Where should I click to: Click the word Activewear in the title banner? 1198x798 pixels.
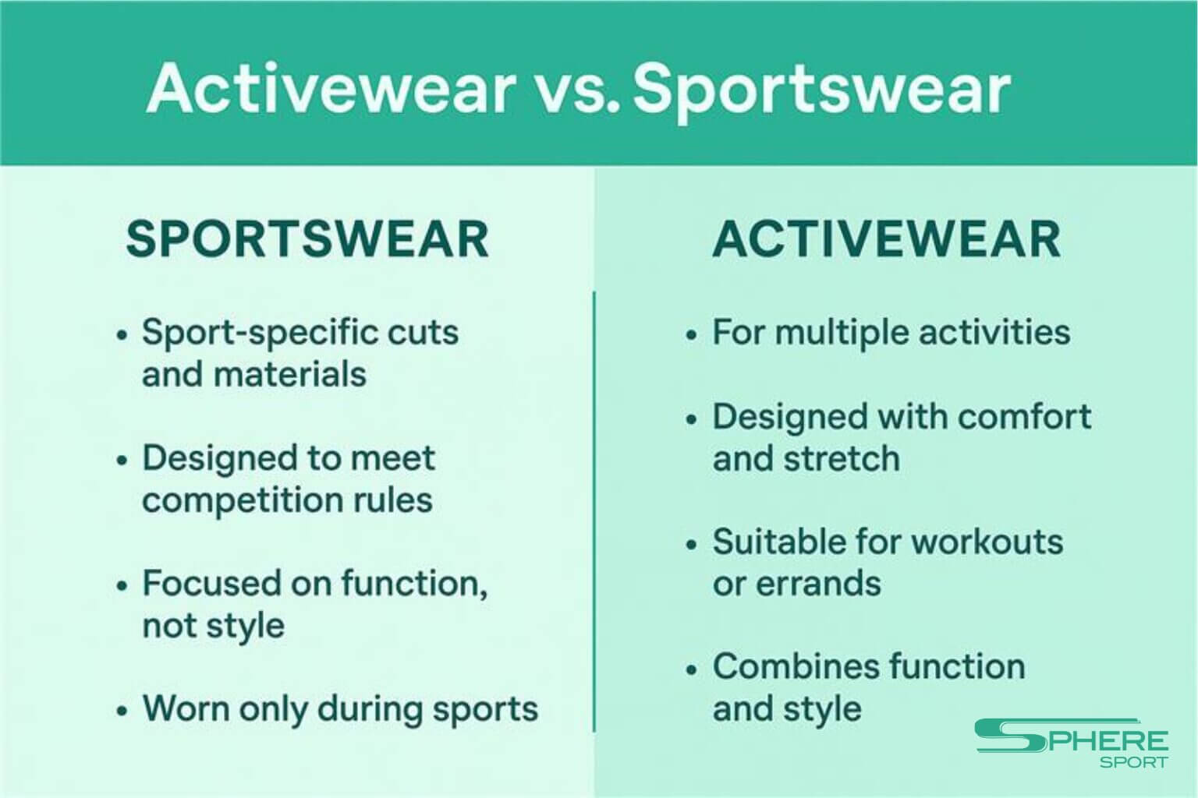(331, 88)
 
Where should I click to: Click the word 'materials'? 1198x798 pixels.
(290, 373)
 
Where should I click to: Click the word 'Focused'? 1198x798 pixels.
(211, 583)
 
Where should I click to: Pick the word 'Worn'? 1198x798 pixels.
(186, 708)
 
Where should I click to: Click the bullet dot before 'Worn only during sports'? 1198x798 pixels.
(122, 711)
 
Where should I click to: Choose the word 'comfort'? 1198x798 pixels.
(1025, 416)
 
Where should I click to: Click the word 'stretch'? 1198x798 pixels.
(842, 458)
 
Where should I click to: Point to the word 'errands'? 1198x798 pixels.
(818, 583)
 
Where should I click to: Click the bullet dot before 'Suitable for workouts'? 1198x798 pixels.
(692, 545)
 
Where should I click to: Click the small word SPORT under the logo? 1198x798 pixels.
(1134, 762)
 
